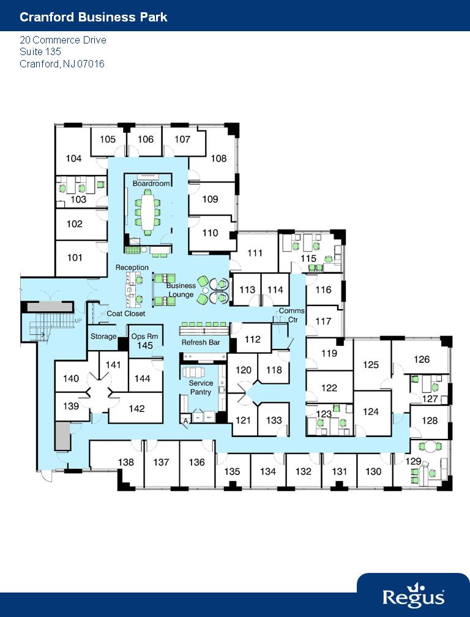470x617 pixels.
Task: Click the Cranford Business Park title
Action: (x=94, y=17)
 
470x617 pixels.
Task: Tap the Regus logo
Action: (x=413, y=596)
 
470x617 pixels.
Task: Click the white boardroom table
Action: (x=147, y=211)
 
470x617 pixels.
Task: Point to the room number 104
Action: (x=73, y=159)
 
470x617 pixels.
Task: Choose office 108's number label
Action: (x=218, y=159)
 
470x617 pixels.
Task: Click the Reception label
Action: (x=132, y=267)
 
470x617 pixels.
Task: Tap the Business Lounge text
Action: (x=181, y=290)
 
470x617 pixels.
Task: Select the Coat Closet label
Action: (x=126, y=314)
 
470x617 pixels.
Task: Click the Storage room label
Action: (x=103, y=337)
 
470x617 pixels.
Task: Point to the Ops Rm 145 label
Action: (x=144, y=341)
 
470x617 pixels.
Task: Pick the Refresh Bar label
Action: (x=201, y=343)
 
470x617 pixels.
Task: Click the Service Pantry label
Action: (x=201, y=387)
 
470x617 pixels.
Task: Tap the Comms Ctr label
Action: (x=291, y=315)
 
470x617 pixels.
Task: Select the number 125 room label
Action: (x=371, y=365)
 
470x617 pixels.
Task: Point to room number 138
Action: (x=126, y=463)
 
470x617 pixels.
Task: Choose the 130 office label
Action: (x=373, y=471)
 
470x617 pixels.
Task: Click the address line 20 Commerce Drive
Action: (x=63, y=40)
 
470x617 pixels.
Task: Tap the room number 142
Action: (x=137, y=409)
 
